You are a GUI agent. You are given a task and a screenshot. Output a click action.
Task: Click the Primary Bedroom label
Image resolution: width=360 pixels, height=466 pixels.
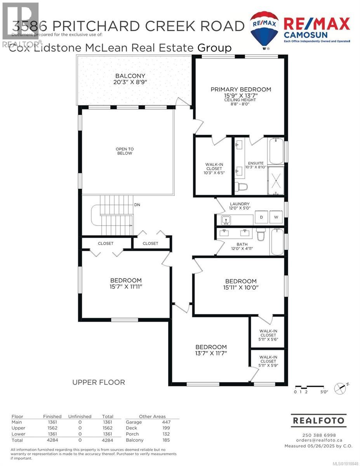241,89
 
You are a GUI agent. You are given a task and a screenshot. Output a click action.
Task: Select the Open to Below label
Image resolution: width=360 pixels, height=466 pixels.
124,150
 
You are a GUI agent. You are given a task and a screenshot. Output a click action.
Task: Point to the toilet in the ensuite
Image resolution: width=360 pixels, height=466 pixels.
242,187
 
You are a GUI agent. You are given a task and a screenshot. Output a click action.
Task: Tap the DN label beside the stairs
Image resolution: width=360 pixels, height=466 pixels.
137,204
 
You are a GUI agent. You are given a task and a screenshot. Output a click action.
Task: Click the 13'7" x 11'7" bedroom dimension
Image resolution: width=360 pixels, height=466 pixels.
210,353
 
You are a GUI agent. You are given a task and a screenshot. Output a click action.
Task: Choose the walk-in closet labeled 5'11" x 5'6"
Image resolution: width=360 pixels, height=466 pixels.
268,335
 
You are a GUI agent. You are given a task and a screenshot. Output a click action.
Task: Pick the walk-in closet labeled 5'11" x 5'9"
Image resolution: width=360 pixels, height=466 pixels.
268,361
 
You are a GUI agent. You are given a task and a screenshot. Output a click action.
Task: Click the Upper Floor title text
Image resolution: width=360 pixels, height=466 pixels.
99,383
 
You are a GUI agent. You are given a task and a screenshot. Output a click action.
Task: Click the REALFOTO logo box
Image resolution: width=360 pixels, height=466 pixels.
318,421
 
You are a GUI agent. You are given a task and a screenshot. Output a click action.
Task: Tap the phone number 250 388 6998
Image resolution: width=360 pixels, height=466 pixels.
318,435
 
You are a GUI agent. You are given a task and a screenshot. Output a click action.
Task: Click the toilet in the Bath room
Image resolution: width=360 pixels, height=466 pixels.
261,235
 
